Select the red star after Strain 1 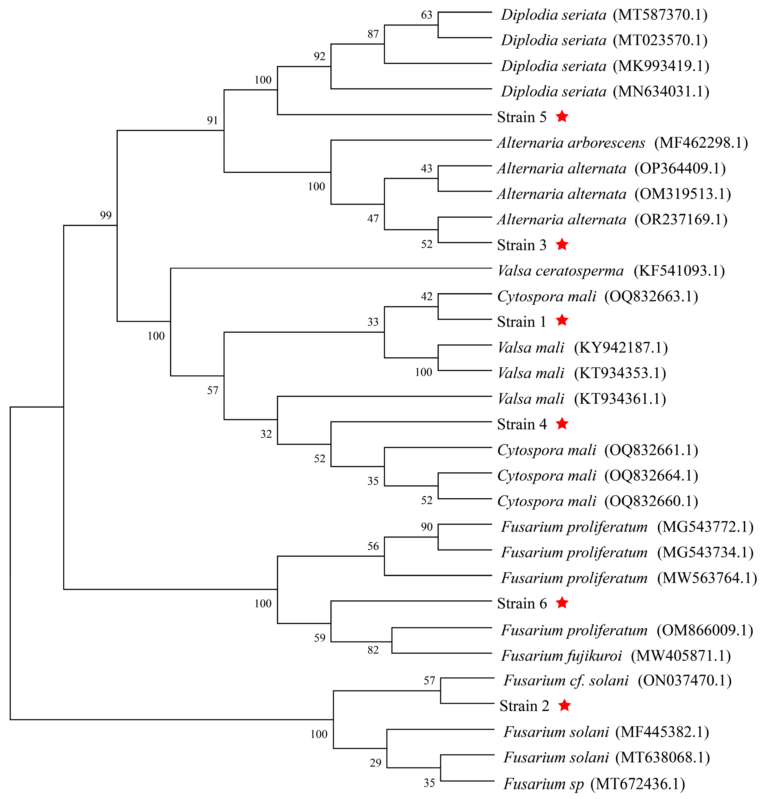[x=562, y=320]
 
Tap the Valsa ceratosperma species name [x=560, y=271]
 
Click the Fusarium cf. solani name [x=566, y=680]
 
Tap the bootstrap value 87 [x=373, y=34]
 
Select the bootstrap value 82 [x=373, y=650]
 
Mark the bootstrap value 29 [x=376, y=763]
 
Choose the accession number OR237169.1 [x=681, y=220]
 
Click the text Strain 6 [x=522, y=604]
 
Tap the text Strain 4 [x=522, y=424]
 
